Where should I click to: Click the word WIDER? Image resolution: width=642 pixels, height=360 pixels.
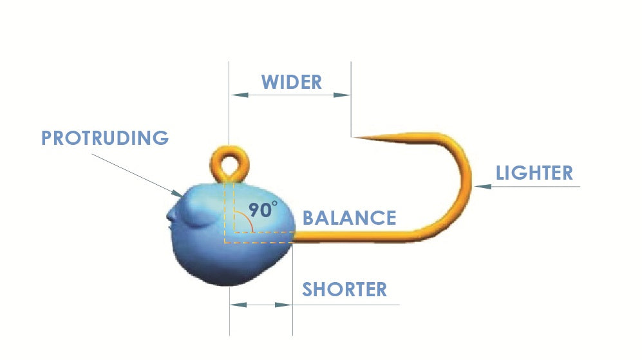click(x=291, y=82)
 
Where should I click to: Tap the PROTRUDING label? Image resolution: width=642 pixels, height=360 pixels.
click(x=105, y=138)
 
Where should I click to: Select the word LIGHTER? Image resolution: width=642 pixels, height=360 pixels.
click(x=534, y=173)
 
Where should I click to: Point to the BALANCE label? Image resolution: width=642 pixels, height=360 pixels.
click(x=349, y=218)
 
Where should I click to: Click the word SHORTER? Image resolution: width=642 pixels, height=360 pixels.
click(x=345, y=289)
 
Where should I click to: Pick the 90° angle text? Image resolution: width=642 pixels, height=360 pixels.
click(x=264, y=210)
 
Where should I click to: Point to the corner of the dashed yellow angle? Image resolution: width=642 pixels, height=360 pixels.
click(x=225, y=243)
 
